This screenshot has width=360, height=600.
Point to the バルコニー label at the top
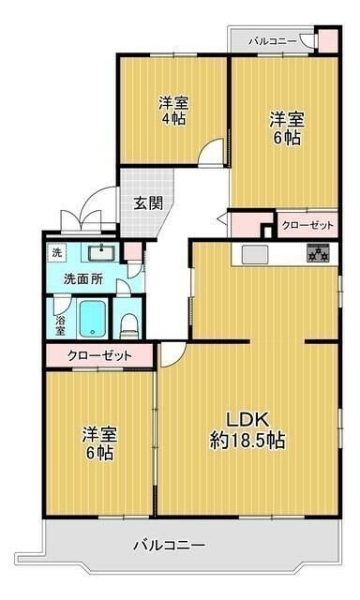click(273, 41)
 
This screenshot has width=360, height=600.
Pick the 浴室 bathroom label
click(60, 321)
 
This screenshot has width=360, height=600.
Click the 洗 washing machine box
click(57, 253)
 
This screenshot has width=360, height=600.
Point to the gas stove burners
click(317, 253)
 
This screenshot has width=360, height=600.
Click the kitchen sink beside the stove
click(255, 254)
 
